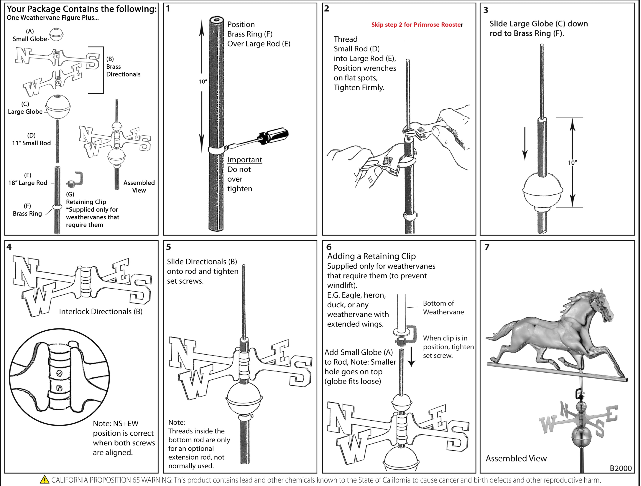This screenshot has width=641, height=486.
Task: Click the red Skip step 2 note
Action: (417, 25)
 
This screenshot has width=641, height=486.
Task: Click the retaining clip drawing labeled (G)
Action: (76, 179)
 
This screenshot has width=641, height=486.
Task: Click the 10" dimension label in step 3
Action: (572, 163)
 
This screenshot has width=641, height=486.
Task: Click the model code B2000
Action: (620, 468)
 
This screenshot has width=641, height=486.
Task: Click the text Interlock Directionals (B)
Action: (101, 311)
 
